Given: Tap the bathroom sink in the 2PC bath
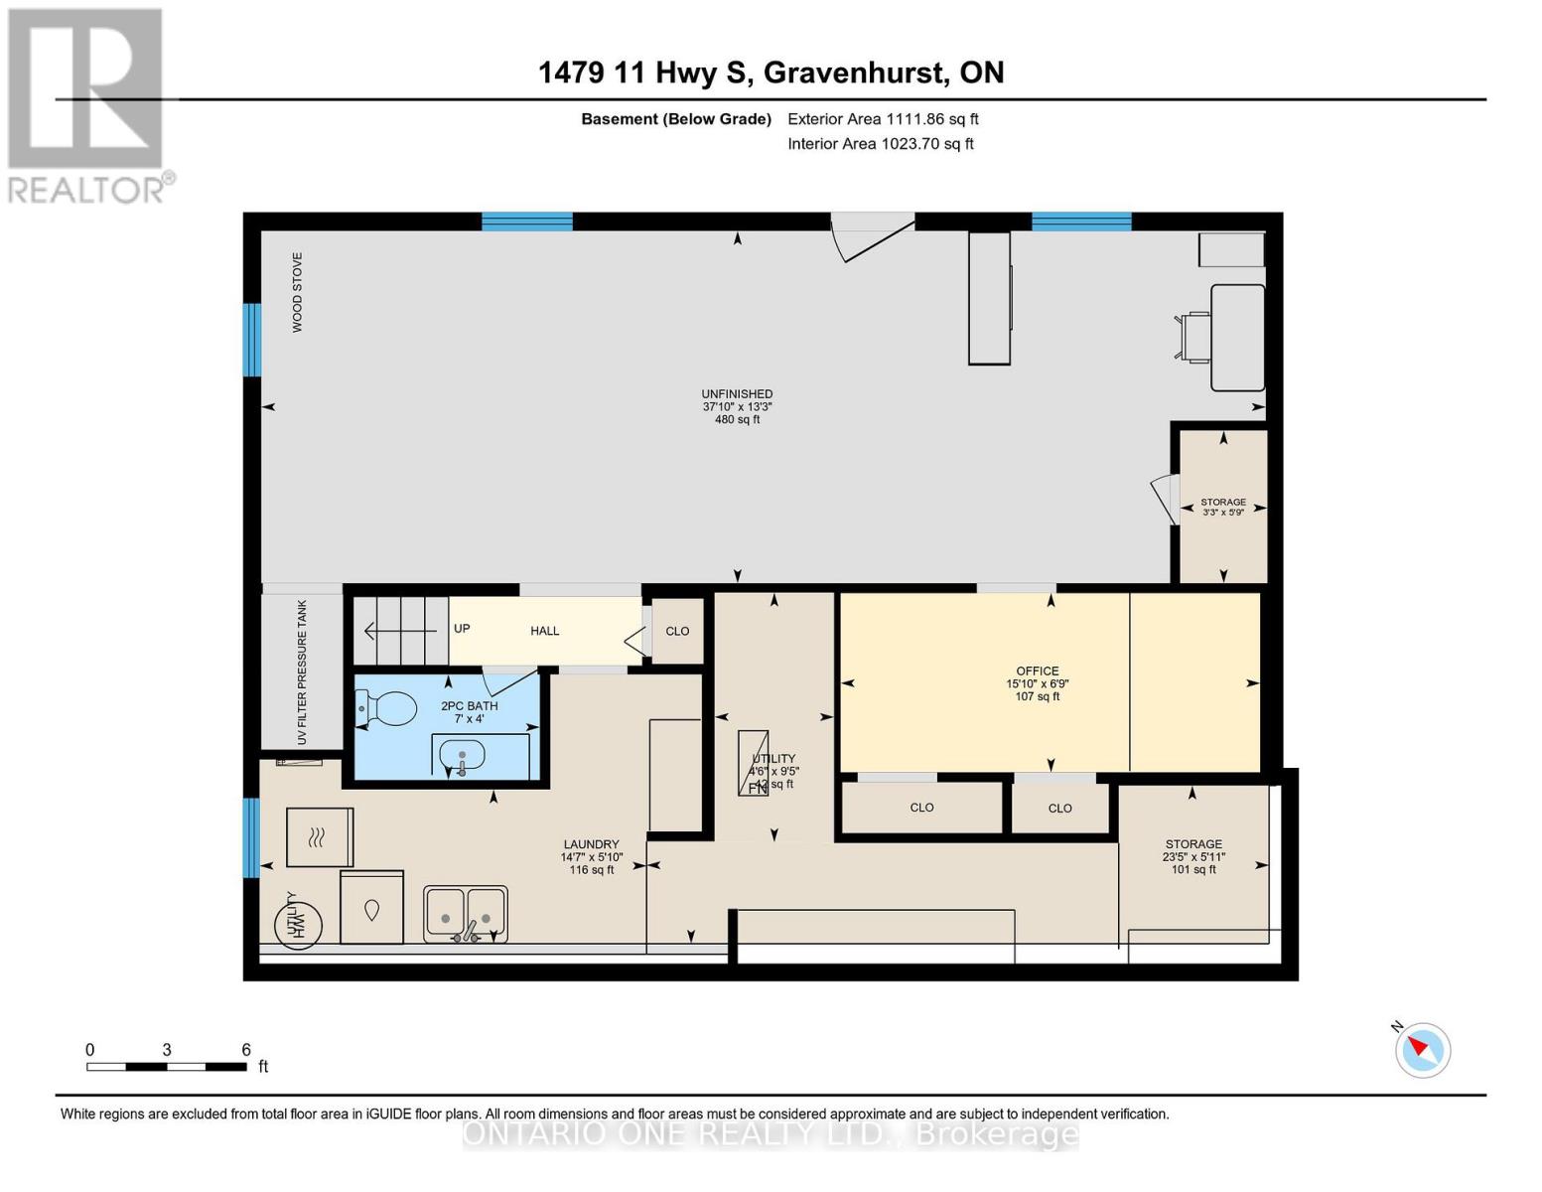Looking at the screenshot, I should pyautogui.click(x=463, y=757).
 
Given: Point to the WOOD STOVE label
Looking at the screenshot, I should pyautogui.click(x=297, y=292).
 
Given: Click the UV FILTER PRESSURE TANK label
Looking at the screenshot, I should pyautogui.click(x=302, y=672).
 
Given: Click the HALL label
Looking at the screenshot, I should pyautogui.click(x=544, y=631).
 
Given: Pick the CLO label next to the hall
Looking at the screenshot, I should pyautogui.click(x=677, y=631).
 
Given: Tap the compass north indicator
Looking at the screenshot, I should pyautogui.click(x=1422, y=1049).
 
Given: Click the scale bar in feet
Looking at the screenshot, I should pyautogui.click(x=167, y=1066).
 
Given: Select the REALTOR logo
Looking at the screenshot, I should pyautogui.click(x=86, y=104).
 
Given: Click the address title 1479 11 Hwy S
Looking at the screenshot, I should pyautogui.click(x=771, y=73).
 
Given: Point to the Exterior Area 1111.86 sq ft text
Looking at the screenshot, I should pyautogui.click(x=883, y=119).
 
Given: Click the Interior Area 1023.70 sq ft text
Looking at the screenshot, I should pyautogui.click(x=881, y=144).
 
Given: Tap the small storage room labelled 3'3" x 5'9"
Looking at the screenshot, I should pyautogui.click(x=1222, y=507).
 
